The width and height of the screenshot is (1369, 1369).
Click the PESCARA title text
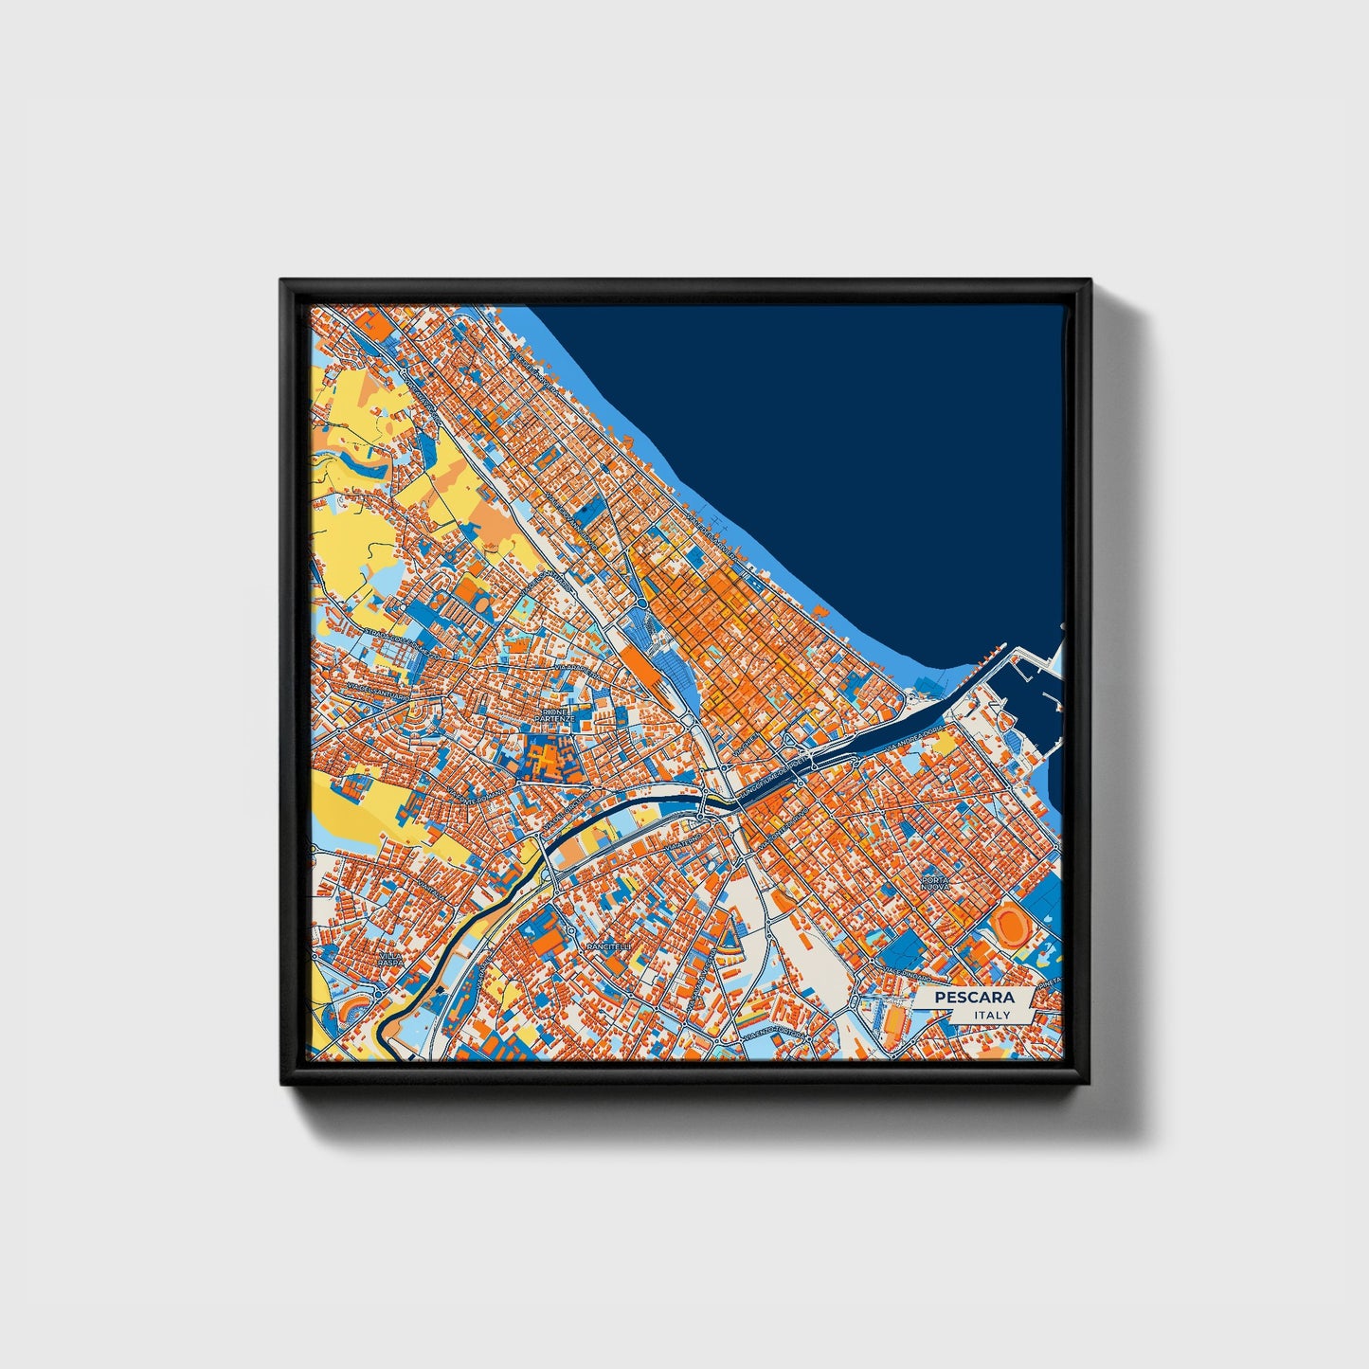tap(973, 998)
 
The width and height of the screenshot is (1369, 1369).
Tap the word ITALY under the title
tap(991, 1016)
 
